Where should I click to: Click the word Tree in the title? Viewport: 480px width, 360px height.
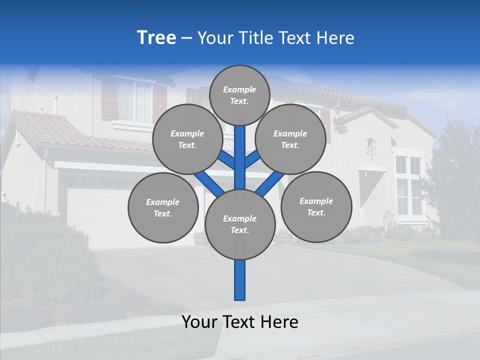click(x=156, y=38)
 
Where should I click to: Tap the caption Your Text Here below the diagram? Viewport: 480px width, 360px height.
click(x=240, y=322)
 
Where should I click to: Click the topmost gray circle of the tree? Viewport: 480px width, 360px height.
click(x=239, y=95)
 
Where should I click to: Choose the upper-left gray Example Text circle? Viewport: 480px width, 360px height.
click(x=187, y=139)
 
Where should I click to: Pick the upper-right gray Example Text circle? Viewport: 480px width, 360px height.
click(x=290, y=139)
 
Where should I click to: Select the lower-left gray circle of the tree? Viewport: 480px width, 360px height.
click(x=163, y=207)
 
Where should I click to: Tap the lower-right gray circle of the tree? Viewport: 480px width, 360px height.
click(x=316, y=206)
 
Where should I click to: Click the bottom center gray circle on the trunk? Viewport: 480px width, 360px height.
click(x=240, y=224)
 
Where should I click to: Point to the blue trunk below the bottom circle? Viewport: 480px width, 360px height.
click(x=240, y=280)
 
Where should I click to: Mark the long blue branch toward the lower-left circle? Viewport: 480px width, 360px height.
click(x=209, y=183)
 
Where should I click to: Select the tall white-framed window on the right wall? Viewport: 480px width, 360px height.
click(x=408, y=185)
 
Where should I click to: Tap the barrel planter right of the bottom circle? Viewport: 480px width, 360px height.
click(x=283, y=238)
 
